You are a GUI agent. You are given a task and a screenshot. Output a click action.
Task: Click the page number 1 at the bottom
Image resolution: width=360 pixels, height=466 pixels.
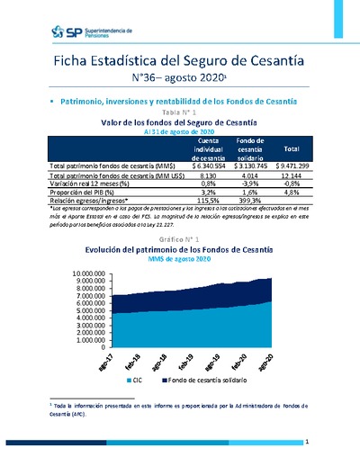[307, 443]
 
